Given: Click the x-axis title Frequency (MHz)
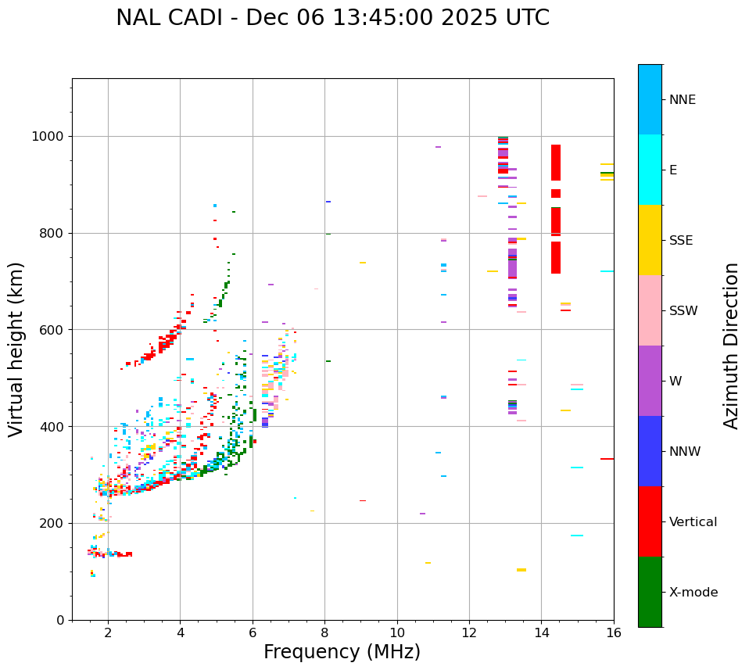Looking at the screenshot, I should point(342,652).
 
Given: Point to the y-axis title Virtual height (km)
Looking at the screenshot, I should point(16,349).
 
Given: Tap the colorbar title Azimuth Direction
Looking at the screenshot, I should point(731,346).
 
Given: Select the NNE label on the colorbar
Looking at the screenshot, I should point(682,100).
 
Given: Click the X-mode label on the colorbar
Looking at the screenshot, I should point(693,593).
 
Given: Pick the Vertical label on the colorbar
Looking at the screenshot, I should point(693,522).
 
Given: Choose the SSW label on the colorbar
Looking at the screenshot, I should point(683,311).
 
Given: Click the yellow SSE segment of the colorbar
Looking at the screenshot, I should point(650,240).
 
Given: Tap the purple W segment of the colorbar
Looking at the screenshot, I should point(650,381).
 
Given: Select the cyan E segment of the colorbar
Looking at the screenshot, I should point(650,170).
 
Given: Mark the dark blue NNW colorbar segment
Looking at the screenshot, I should point(650,451).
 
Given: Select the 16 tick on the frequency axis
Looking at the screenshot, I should point(614,632).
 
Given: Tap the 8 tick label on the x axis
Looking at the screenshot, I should point(324,632).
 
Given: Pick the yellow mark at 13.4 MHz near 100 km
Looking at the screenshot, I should point(521,570).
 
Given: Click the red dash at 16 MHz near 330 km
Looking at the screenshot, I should point(607,459).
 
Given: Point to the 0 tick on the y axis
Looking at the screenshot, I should point(59,620).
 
